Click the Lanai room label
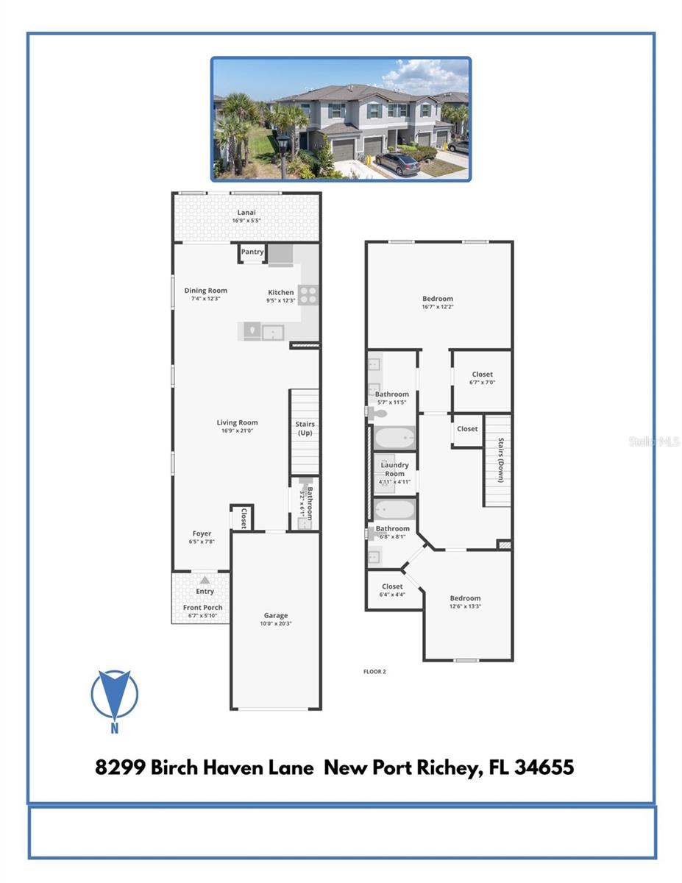[246, 212]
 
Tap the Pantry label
[252, 252]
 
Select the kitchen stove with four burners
[308, 294]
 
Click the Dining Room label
[205, 291]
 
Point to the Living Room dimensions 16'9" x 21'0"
[237, 431]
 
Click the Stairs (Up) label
[305, 428]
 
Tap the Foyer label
[202, 533]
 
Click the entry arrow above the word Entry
[205, 581]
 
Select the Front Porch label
[203, 607]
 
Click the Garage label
[276, 615]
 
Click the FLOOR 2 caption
[374, 671]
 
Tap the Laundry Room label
[395, 469]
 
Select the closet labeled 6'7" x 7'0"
[482, 378]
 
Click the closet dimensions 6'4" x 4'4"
[392, 595]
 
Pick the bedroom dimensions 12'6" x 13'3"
[465, 606]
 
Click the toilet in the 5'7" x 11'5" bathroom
[377, 414]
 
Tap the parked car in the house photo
[397, 163]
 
